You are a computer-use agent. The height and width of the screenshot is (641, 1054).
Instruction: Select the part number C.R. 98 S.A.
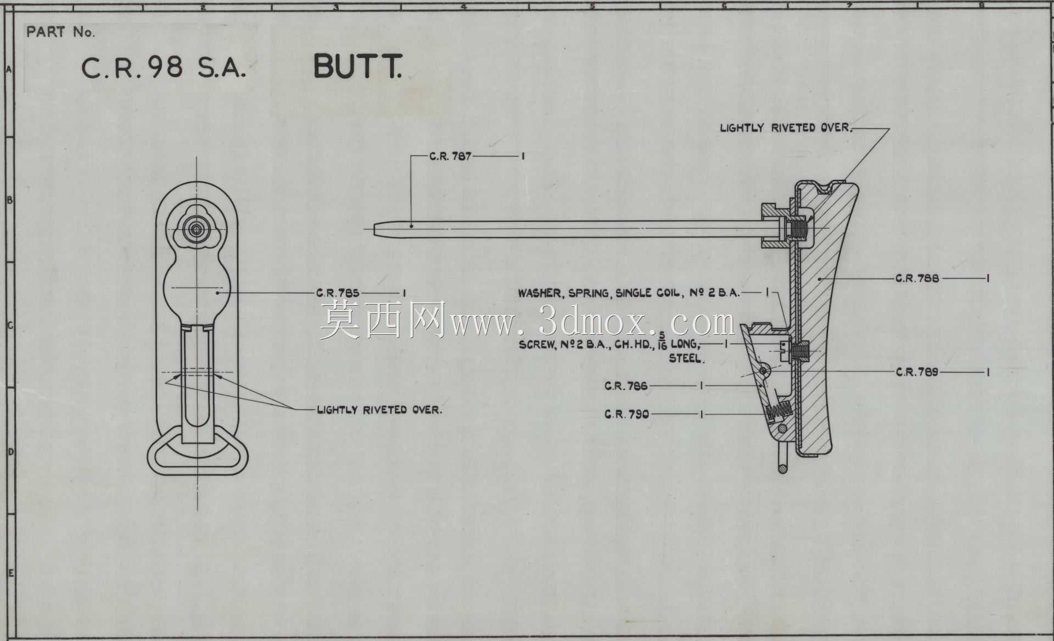point(164,68)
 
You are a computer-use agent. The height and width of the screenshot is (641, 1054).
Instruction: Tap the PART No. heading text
point(60,32)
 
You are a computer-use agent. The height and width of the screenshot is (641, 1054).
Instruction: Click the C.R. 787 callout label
point(450,156)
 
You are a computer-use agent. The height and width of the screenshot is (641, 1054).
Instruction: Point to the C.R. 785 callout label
point(338,293)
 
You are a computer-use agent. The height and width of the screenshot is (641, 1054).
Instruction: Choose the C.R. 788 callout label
point(917,278)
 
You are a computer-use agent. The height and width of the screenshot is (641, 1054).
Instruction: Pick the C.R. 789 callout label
point(917,372)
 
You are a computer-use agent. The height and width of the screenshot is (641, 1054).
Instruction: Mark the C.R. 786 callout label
point(626,386)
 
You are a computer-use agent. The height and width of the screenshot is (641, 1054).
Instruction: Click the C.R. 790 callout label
point(626,414)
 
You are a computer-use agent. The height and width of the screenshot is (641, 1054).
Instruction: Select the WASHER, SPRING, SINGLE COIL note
point(629,293)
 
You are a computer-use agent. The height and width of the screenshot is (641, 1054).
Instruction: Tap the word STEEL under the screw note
point(687,359)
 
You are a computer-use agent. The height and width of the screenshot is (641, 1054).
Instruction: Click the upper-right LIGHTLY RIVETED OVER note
point(786,128)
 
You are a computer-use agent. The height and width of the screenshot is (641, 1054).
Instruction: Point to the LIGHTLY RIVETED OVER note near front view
point(379,410)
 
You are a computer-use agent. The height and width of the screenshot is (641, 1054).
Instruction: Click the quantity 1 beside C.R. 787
point(523,156)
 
